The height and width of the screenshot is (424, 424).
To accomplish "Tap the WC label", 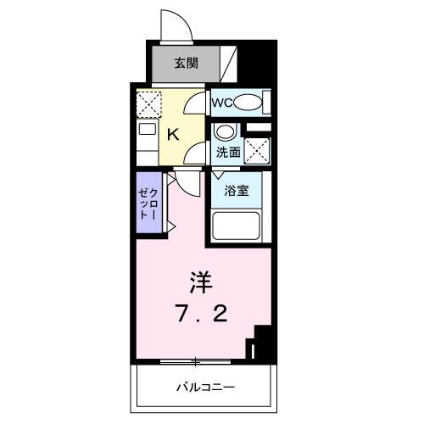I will tap(222, 103).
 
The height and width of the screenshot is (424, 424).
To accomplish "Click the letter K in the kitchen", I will tap(172, 134).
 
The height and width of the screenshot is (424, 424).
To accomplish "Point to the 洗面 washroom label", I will tap(226, 153).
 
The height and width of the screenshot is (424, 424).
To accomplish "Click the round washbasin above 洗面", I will tap(224, 133).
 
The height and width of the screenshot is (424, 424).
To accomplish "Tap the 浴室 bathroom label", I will tap(237, 191).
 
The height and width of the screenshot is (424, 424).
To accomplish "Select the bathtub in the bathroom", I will tap(237, 227).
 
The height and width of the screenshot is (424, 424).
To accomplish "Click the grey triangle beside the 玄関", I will tap(229, 64).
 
